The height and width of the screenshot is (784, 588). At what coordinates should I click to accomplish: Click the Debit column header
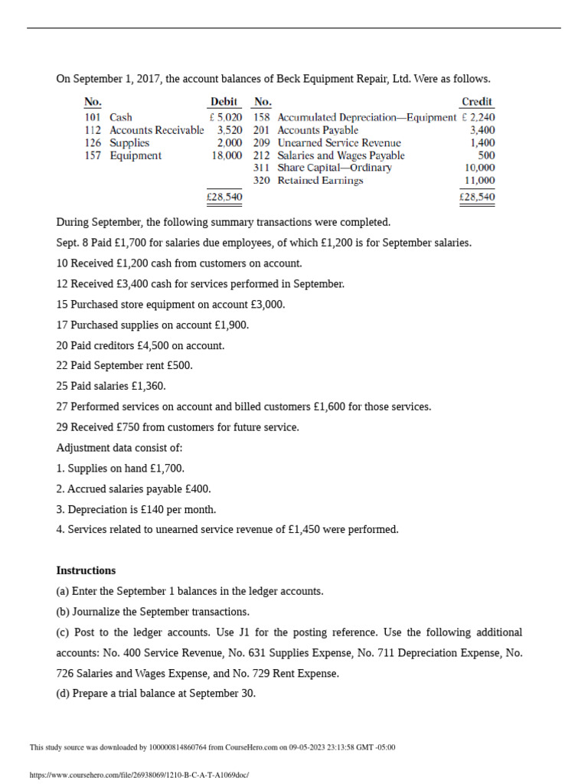pyautogui.click(x=224, y=102)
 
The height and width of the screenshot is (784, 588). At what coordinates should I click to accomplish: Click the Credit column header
pyautogui.click(x=477, y=102)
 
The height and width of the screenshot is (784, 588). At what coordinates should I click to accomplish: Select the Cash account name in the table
pyautogui.click(x=121, y=117)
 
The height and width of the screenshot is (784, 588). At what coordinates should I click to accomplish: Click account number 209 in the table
pyautogui.click(x=262, y=142)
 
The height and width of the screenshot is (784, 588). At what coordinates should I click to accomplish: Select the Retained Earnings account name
pyautogui.click(x=320, y=181)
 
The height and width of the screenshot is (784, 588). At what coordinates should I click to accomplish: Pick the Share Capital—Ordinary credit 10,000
pyautogui.click(x=480, y=168)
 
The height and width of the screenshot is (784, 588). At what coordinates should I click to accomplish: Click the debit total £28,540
pyautogui.click(x=224, y=197)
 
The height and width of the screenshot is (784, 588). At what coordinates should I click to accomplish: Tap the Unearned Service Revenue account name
pyautogui.click(x=339, y=142)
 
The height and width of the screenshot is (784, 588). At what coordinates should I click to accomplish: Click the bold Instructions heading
pyautogui.click(x=87, y=570)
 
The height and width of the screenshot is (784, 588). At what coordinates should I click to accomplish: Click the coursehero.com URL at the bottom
pyautogui.click(x=139, y=775)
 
